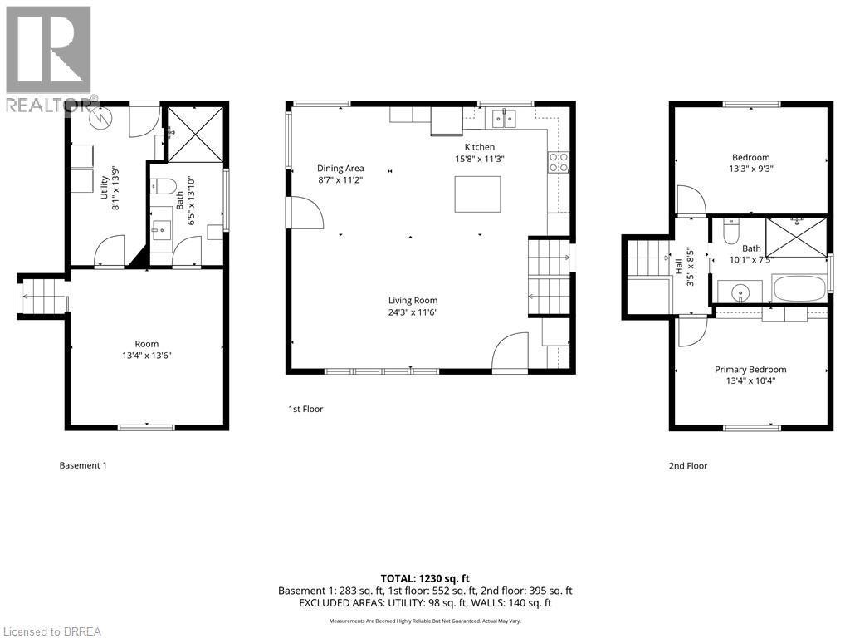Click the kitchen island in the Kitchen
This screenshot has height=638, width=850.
coord(477,194)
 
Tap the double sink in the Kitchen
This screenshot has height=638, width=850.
coord(504,118)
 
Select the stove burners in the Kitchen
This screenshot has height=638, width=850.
coord(559,162)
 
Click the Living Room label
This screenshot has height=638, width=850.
coord(413,301)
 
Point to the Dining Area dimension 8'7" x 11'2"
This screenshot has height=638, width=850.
coord(340,180)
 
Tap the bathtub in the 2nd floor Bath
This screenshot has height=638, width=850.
coord(799,288)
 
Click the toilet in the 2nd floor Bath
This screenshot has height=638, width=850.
coord(731,231)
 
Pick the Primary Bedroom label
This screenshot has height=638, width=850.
coord(750,370)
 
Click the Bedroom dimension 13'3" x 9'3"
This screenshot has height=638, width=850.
coord(750,169)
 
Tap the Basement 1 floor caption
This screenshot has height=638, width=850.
coord(83,465)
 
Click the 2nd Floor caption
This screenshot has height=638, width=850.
coord(688,465)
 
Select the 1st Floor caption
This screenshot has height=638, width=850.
coord(305,409)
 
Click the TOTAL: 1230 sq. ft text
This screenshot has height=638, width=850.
coord(425,578)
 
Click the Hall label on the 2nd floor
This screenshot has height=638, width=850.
coord(679,266)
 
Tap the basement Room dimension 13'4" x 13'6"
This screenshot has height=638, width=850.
coord(147,356)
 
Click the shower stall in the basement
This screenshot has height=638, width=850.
coord(194,134)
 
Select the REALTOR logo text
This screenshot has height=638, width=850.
coord(52,106)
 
